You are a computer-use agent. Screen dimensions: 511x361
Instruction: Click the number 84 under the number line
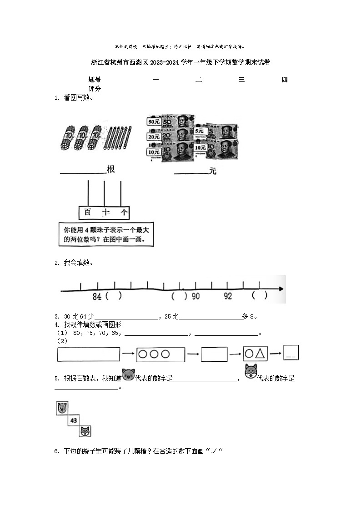pos(97,296)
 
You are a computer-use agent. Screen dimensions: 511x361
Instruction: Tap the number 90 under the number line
pos(195,296)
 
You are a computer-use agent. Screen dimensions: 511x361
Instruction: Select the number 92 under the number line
pos(228,296)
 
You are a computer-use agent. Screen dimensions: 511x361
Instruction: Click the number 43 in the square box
pos(74,420)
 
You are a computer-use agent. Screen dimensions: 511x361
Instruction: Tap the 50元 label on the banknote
pos(153,121)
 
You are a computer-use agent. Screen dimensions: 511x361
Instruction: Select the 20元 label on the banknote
pos(153,137)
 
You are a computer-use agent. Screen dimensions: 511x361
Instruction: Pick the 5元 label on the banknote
pos(199,131)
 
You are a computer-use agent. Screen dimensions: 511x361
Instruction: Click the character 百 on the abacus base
pos(88,212)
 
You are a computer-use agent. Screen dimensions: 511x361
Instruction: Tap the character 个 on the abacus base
pos(124,212)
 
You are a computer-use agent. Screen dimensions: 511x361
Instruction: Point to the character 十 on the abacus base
pos(106,212)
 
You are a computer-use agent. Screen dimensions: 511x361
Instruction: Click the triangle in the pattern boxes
pos(261,353)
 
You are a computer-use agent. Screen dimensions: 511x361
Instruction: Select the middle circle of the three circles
pos(154,354)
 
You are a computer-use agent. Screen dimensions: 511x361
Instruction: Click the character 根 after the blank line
pos(110,170)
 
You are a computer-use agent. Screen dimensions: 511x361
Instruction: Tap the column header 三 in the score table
pos(241,80)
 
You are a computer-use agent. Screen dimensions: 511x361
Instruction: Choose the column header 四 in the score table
pos(285,80)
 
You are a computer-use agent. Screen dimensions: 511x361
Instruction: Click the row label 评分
pos(95,89)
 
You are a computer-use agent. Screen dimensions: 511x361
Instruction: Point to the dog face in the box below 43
pos(85,431)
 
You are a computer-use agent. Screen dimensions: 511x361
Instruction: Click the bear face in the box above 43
pos(61,408)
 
